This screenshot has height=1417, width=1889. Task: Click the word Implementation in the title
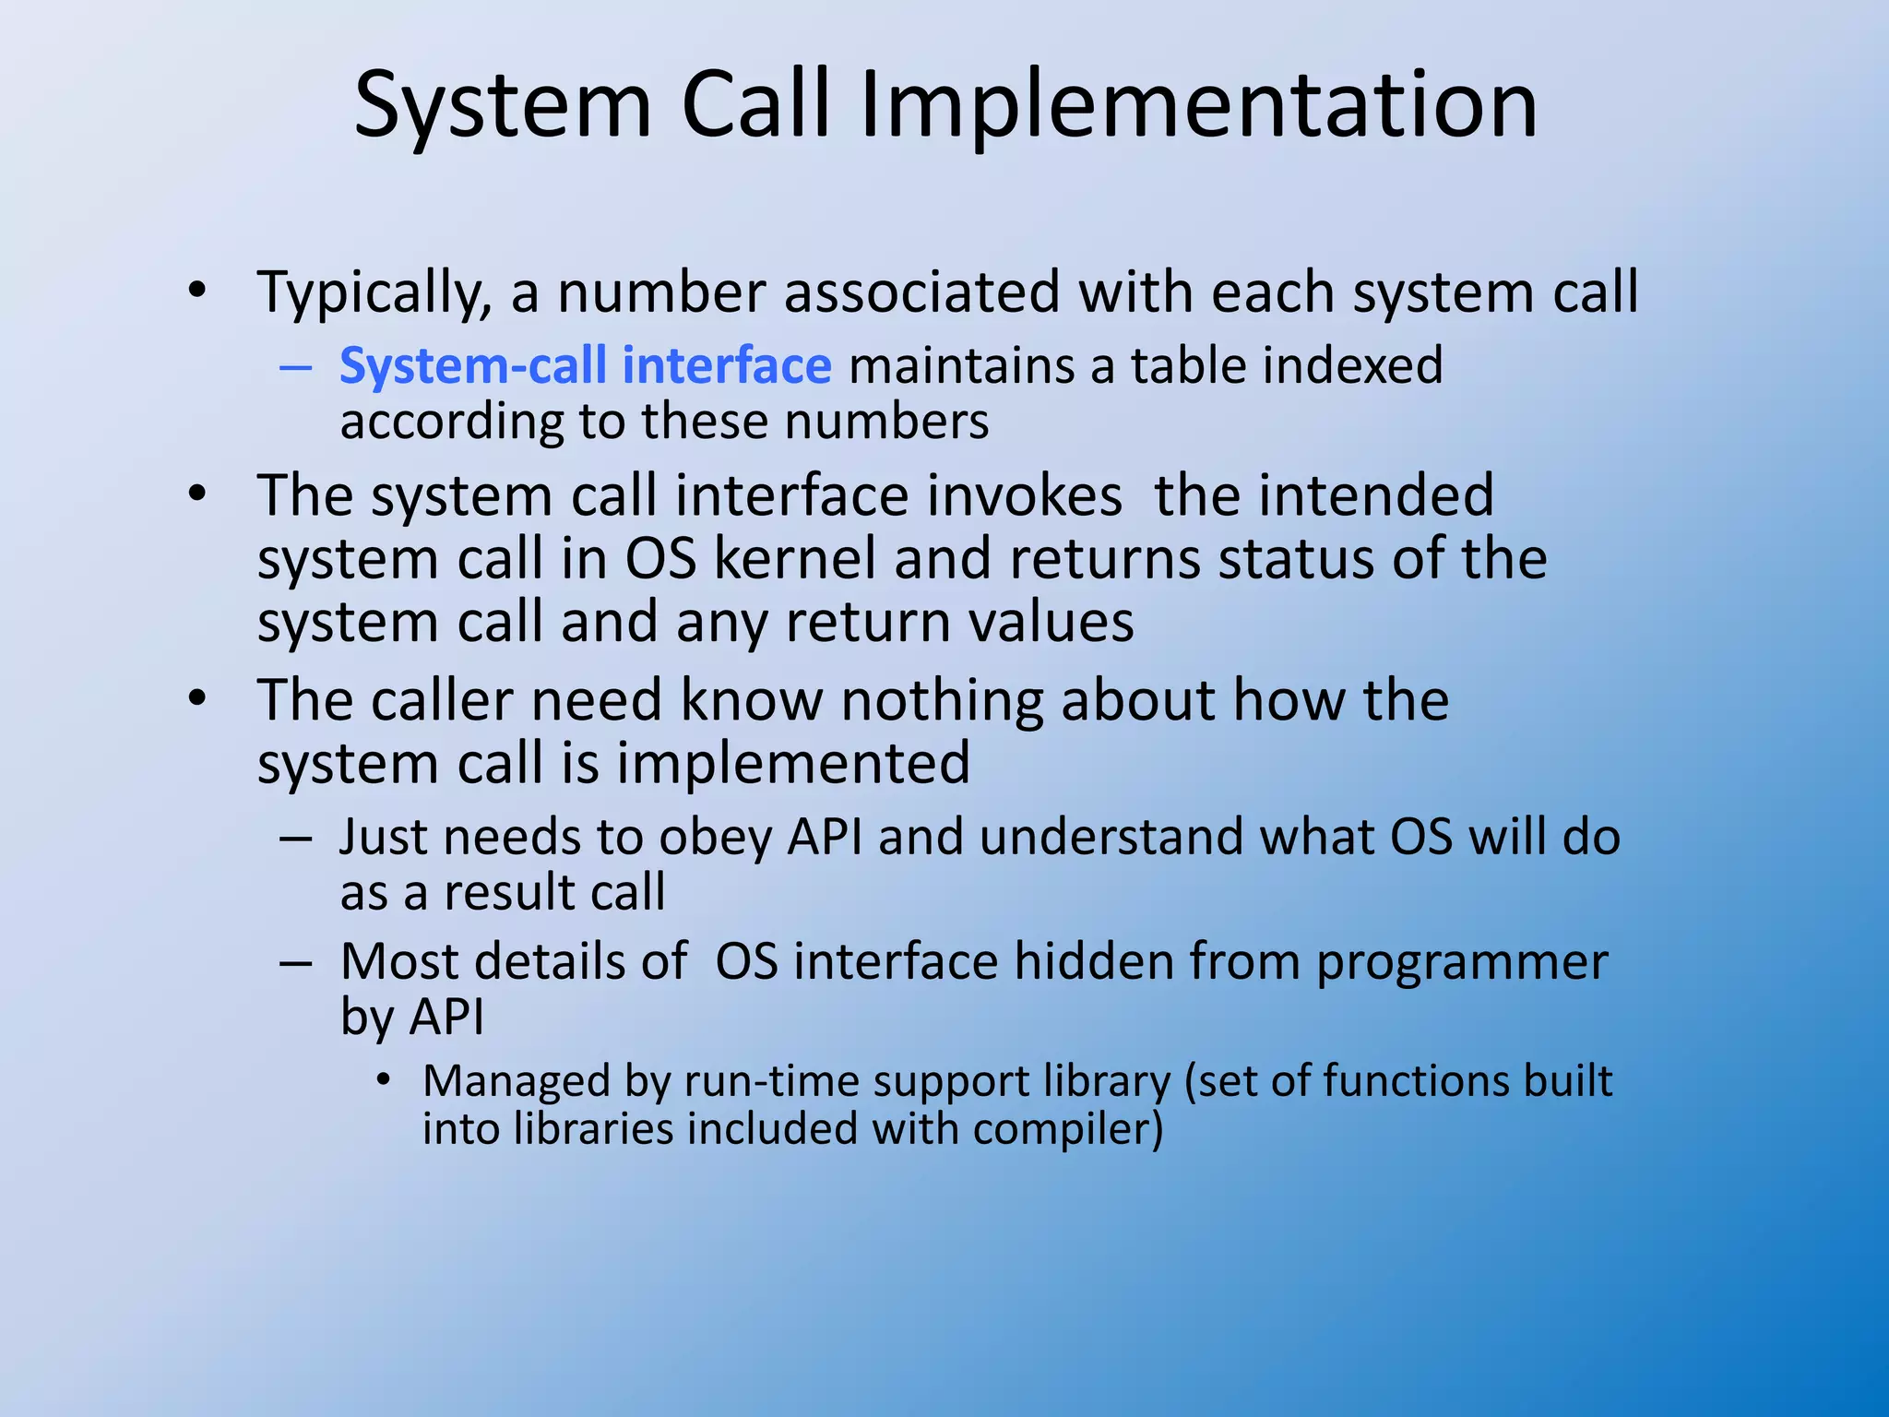(1198, 106)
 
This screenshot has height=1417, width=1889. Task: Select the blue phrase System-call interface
(586, 365)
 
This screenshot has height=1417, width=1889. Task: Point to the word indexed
(1352, 365)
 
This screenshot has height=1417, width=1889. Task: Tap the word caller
(442, 700)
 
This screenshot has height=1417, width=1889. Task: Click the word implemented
(793, 764)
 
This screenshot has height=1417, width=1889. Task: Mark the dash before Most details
(295, 963)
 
